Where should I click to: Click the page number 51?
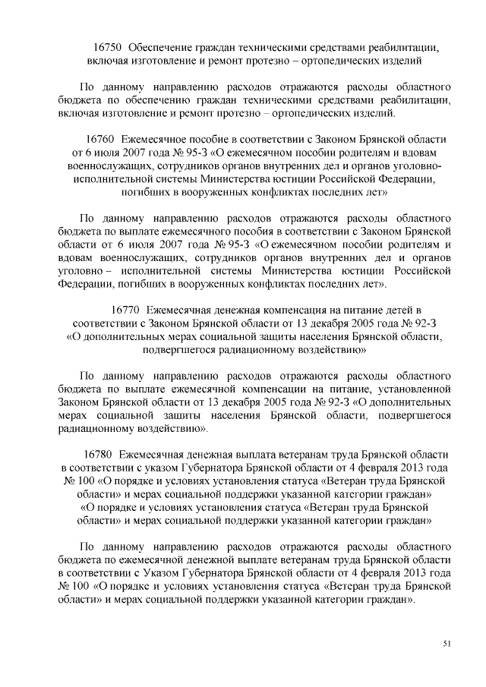tap(447, 644)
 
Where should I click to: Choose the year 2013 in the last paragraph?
tap(412, 574)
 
